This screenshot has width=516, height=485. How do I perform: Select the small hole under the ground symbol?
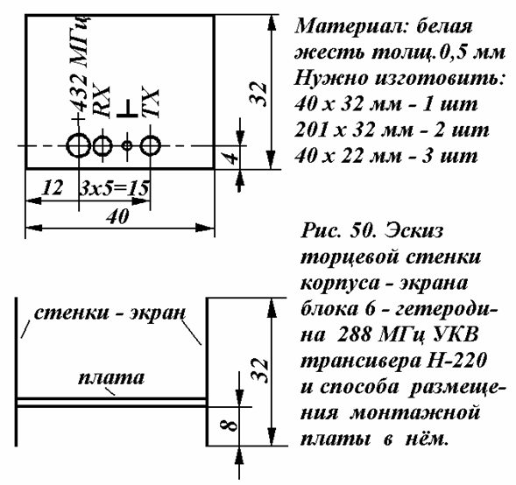click(127, 145)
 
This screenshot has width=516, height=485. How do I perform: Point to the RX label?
click(102, 102)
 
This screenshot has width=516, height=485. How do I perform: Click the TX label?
click(151, 102)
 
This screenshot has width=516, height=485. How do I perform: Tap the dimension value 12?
click(52, 187)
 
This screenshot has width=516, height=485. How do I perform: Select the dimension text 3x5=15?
click(115, 188)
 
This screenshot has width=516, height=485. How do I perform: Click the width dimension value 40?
click(117, 217)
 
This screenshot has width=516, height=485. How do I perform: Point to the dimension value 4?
click(231, 158)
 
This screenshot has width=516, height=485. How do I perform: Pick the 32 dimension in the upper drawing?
click(258, 94)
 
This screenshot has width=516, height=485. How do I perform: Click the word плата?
click(111, 378)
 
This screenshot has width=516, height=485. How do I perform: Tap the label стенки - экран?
click(110, 313)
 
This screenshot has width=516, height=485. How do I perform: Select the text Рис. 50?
click(339, 230)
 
